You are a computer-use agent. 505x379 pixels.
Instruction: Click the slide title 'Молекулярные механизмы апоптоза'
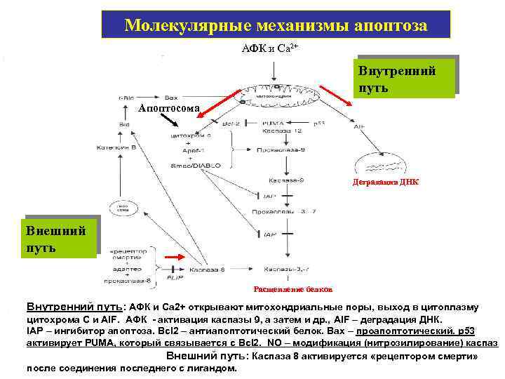pyautogui.click(x=276, y=25)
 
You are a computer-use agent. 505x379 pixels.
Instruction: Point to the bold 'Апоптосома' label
pyautogui.click(x=168, y=108)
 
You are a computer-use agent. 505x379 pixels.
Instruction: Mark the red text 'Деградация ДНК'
pyautogui.click(x=385, y=182)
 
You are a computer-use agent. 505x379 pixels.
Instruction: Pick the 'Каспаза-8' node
pyautogui.click(x=206, y=269)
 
